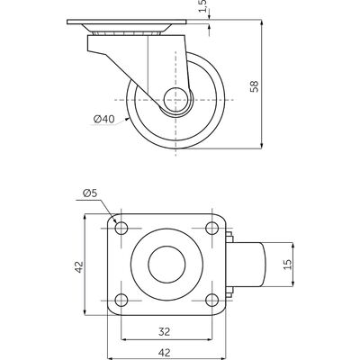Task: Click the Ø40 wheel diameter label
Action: click(103, 119)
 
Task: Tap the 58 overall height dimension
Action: click(254, 86)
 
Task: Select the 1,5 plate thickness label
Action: click(203, 6)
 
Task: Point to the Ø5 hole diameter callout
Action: click(90, 193)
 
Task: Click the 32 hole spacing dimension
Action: click(165, 332)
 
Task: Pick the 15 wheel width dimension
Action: click(287, 265)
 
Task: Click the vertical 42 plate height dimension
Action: click(79, 266)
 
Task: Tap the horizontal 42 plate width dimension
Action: click(165, 352)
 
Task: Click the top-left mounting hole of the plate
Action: click(121, 229)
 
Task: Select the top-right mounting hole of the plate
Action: click(212, 229)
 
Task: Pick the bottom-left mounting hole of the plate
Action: click(121, 300)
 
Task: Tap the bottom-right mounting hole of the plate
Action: click(212, 300)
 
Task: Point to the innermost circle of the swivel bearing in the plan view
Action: click(166, 265)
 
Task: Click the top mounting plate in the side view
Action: click(127, 22)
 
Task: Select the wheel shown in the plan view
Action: click(247, 265)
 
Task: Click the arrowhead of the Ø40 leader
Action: click(127, 120)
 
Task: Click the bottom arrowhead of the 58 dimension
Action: click(262, 145)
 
